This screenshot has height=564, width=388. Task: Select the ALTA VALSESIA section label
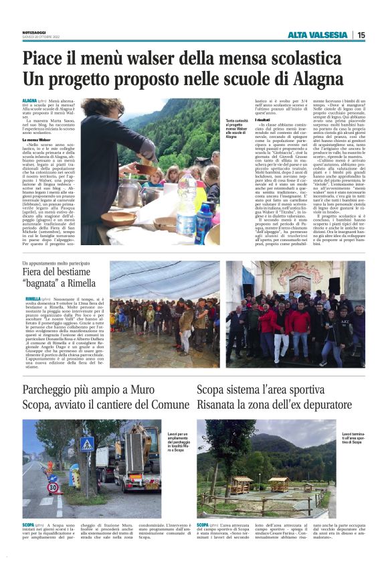click(x=318, y=35)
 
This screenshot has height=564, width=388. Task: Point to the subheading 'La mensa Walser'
click(x=37, y=139)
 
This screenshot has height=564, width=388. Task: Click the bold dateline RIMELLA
click(x=33, y=298)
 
